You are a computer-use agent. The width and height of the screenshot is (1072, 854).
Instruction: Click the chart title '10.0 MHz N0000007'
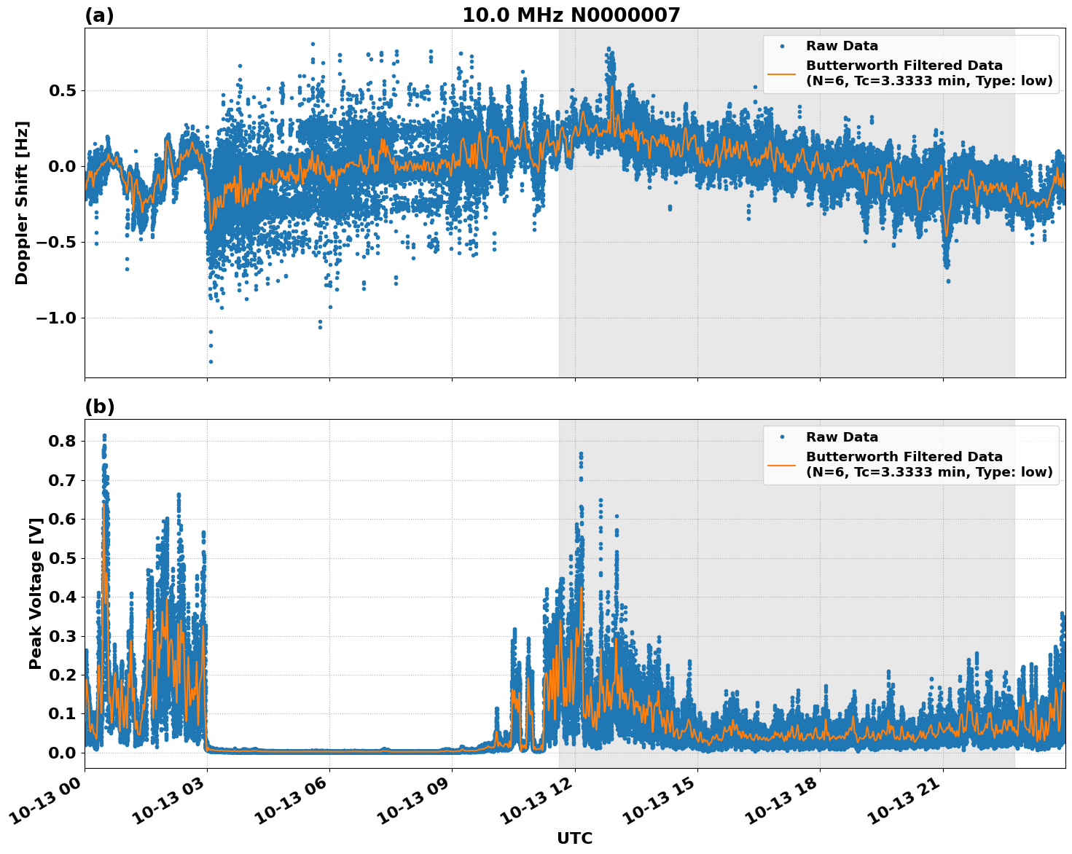pos(571,15)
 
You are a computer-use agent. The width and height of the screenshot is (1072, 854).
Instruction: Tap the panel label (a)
pos(99,15)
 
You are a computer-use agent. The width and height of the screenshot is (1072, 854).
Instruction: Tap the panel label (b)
pos(99,407)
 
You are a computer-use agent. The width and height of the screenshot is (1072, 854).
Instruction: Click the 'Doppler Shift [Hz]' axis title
pos(22,203)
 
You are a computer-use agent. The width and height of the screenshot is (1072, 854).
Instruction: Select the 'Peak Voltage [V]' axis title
pos(35,593)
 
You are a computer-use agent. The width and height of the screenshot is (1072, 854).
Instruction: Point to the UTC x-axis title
pos(574,838)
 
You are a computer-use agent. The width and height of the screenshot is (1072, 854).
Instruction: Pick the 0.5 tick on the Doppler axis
pos(62,91)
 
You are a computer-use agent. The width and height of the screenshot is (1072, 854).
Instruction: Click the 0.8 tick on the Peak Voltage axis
pos(62,442)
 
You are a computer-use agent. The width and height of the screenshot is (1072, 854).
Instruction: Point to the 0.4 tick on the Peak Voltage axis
pos(62,597)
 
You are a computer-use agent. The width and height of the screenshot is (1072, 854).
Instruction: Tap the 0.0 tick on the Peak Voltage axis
pos(62,753)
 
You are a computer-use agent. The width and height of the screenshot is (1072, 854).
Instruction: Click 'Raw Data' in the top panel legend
pos(842,46)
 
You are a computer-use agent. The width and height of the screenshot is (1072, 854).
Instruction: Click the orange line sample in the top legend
pos(781,74)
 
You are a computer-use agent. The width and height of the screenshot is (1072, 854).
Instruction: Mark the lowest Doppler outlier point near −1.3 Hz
pos(211,361)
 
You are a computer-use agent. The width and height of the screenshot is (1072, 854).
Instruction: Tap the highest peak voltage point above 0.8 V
pos(104,436)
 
